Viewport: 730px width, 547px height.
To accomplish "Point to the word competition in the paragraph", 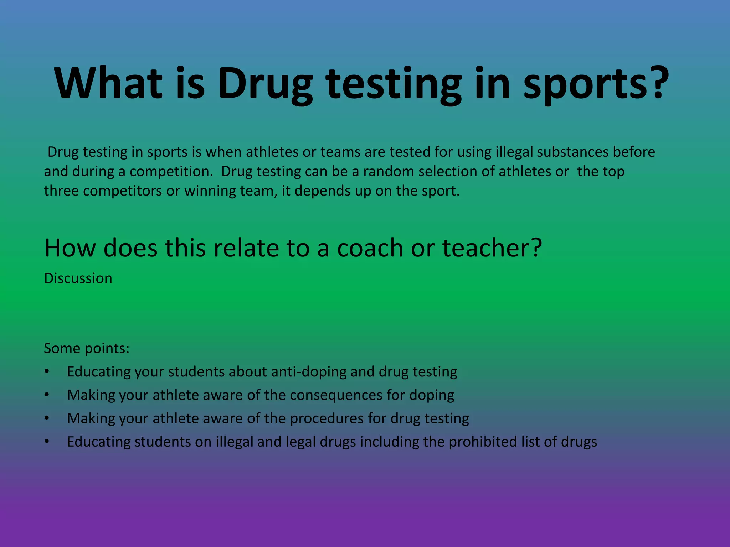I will [x=171, y=172].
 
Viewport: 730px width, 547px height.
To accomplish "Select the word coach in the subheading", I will [x=370, y=248].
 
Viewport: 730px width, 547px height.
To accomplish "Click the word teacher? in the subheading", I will [x=492, y=248].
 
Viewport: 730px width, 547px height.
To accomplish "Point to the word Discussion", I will [x=78, y=278].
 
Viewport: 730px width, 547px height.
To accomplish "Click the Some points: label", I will [x=87, y=348].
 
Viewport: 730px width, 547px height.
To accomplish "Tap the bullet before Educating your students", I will [x=47, y=372].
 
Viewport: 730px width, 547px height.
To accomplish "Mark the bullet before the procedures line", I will [x=47, y=418].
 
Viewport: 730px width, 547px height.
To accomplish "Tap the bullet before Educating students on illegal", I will [x=47, y=442].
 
